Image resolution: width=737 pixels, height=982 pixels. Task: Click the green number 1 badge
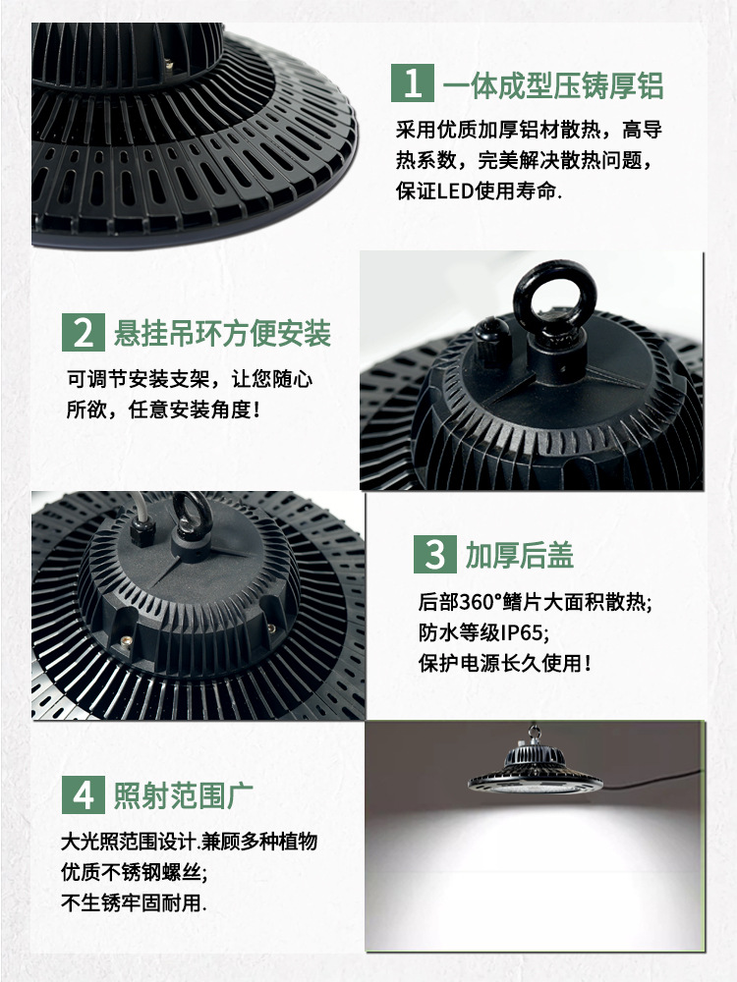coord(413,82)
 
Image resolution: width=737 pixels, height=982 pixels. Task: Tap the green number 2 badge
coord(84,333)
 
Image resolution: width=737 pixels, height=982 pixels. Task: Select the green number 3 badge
coord(435,554)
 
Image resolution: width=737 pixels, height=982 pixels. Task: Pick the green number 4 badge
coord(84,794)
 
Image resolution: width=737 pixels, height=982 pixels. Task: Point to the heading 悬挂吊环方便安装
coord(222,333)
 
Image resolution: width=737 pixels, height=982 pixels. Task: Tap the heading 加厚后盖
coord(519,555)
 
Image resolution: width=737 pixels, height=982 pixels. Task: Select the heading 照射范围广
coord(183,795)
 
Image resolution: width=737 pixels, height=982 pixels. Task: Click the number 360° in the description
coord(482,602)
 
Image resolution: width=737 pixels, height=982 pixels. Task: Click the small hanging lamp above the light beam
coord(535,762)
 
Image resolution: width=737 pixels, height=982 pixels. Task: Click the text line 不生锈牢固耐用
coord(134,902)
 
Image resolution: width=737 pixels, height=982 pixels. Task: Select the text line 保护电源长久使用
coord(505,663)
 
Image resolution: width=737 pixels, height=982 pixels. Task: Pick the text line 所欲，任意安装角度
coord(163,409)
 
